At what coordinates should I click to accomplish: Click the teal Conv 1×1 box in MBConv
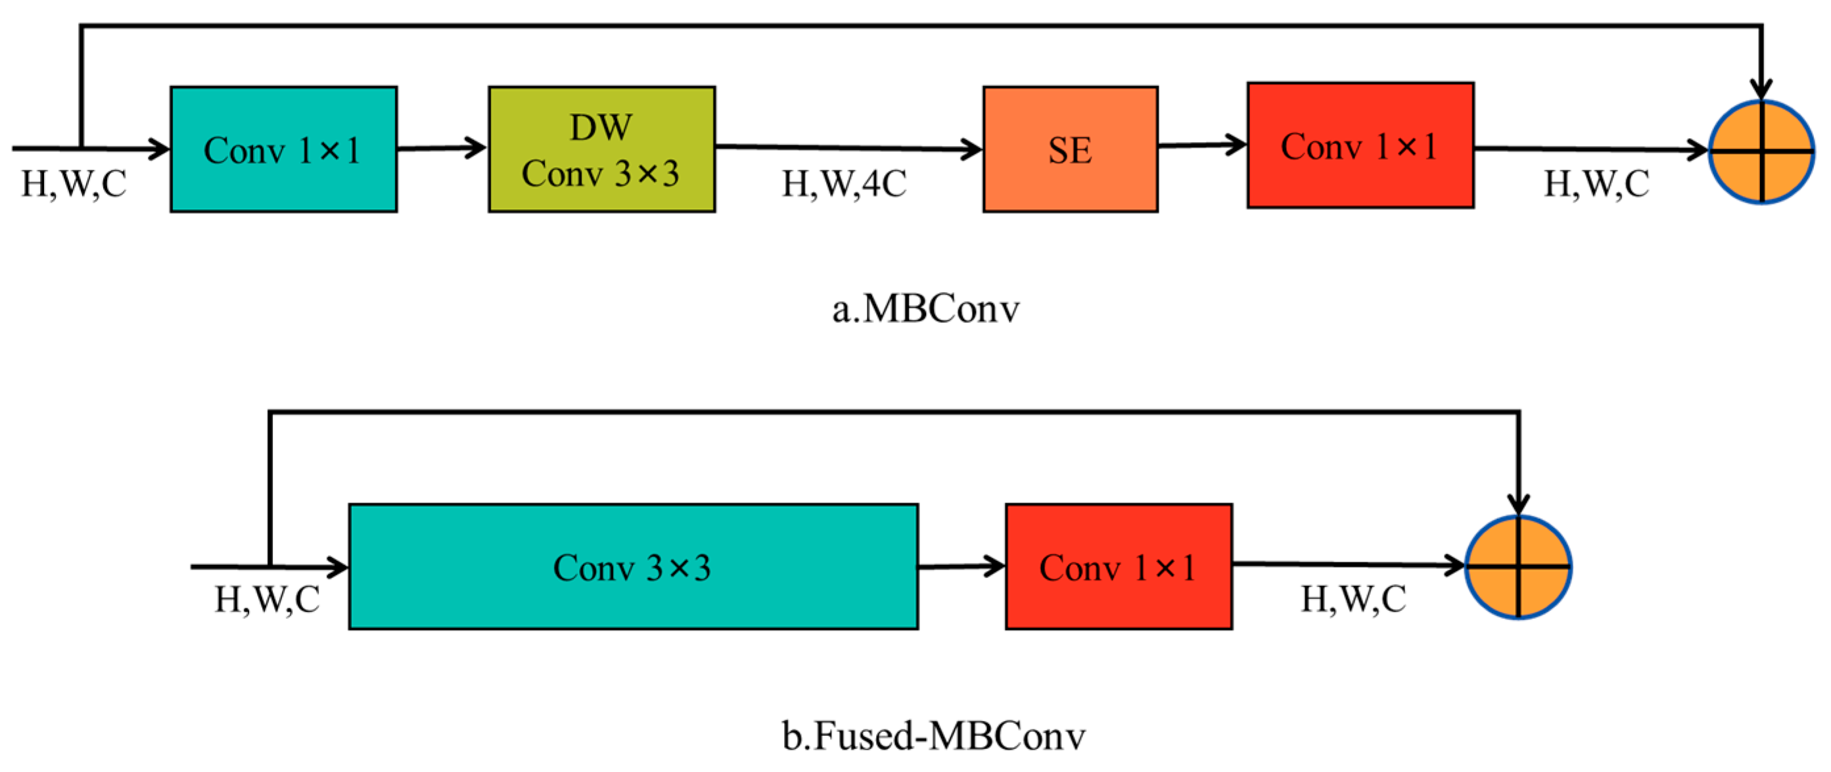(x=283, y=149)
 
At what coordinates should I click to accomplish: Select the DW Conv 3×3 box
(x=601, y=149)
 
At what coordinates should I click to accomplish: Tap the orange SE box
(x=1070, y=149)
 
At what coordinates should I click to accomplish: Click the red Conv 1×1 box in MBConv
(x=1360, y=146)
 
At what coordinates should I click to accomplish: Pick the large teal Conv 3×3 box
(x=633, y=567)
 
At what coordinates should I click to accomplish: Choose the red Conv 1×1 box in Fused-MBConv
(x=1118, y=567)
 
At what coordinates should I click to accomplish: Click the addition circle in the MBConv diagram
(x=1761, y=151)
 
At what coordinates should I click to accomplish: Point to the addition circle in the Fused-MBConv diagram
(x=1518, y=567)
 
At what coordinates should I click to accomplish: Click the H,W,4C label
(x=844, y=184)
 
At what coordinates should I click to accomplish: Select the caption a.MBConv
(x=925, y=309)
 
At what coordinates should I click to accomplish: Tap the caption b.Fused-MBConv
(x=933, y=736)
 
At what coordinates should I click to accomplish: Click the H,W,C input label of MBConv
(x=74, y=184)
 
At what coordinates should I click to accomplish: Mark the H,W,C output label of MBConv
(x=1596, y=184)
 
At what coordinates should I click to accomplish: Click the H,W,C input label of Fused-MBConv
(x=267, y=599)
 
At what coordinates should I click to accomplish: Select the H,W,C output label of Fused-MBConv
(x=1353, y=599)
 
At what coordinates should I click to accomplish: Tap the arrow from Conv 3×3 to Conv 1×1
(x=961, y=567)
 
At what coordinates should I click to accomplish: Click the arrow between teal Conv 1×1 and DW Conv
(x=442, y=149)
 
